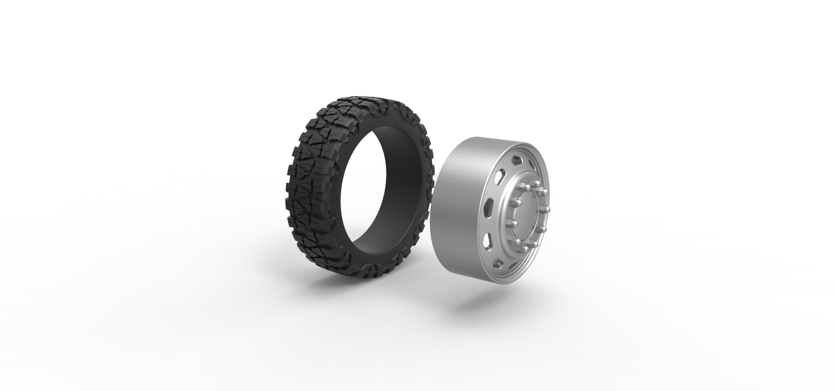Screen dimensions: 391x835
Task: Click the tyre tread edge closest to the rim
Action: pyautogui.click(x=431, y=167)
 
